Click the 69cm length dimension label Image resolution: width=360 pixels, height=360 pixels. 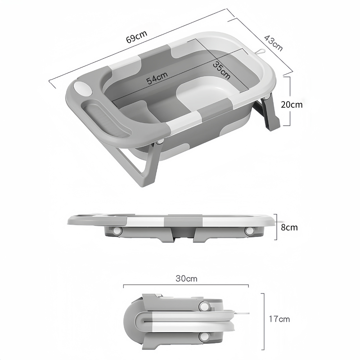tap(136, 37)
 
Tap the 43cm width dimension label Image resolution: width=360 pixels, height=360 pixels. tap(273, 43)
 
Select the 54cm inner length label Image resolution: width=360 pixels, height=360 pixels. tap(157, 78)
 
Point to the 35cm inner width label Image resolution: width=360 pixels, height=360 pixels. tap(221, 71)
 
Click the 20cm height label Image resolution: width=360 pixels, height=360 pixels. tap(292, 105)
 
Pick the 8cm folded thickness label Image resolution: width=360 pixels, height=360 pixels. tap(289, 227)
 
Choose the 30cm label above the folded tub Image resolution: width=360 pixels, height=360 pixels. tap(186, 279)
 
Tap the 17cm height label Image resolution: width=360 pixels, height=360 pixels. tap(279, 319)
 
